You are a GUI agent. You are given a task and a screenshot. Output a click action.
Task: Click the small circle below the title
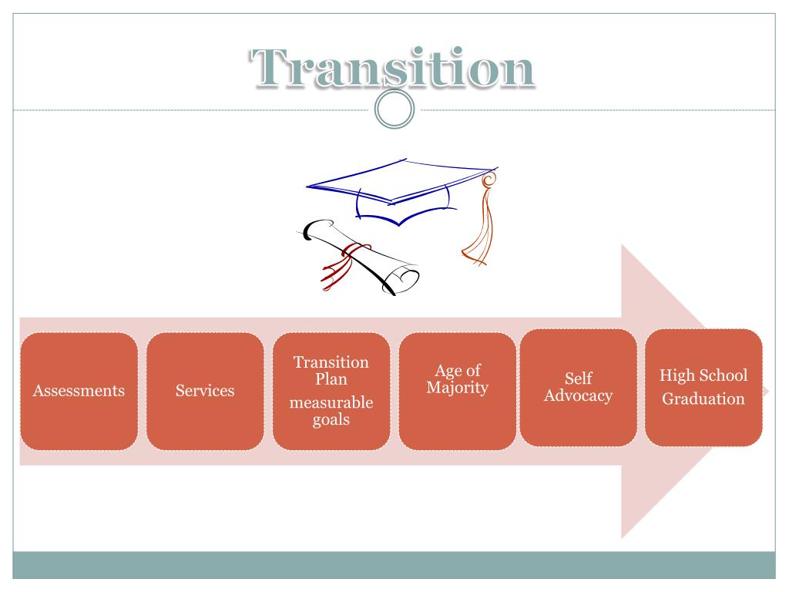click(x=394, y=112)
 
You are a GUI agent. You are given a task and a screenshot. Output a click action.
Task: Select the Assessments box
click(x=79, y=391)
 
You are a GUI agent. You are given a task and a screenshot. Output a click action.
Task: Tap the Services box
click(x=205, y=391)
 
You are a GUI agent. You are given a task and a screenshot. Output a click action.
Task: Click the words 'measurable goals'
click(x=331, y=411)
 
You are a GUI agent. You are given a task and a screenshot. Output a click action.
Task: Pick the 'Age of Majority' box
click(x=458, y=391)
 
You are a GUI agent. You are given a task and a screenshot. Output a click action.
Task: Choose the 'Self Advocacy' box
click(x=579, y=387)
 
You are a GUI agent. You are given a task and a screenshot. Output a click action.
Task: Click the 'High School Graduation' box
click(x=703, y=387)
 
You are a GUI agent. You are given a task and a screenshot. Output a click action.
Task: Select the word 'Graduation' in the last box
click(x=703, y=399)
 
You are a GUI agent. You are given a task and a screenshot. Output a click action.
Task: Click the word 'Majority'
click(x=458, y=387)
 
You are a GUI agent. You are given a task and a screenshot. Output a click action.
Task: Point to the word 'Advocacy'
click(x=579, y=396)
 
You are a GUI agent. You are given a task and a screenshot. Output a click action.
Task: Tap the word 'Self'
click(x=579, y=379)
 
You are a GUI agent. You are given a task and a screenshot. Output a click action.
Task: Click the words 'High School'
click(x=703, y=376)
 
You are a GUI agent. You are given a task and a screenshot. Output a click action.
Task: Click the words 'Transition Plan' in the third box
click(x=331, y=370)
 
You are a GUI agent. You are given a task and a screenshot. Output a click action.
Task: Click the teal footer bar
click(x=394, y=565)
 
